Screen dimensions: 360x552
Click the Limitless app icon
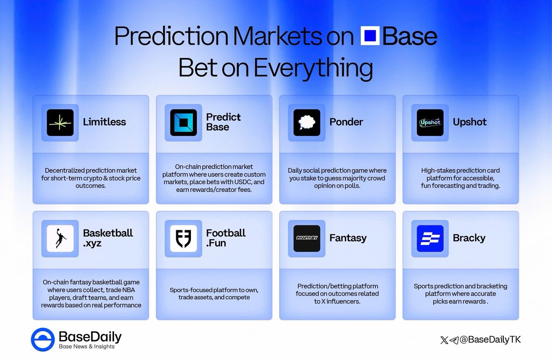tap(60, 122)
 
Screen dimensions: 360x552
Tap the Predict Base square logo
tap(184, 122)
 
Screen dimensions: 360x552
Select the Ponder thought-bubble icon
tap(307, 122)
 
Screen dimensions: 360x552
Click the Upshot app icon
tap(430, 122)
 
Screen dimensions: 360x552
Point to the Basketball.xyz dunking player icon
tap(60, 238)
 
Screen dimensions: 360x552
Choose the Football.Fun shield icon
tap(184, 238)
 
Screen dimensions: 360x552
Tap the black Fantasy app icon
tap(307, 238)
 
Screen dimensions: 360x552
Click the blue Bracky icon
tap(430, 238)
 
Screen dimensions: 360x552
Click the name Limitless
tap(104, 122)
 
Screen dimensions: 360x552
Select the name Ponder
tap(346, 122)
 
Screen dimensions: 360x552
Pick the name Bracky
tap(469, 238)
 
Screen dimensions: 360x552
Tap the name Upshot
tap(469, 122)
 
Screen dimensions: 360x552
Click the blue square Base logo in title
tap(370, 37)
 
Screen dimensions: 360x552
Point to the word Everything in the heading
tap(313, 68)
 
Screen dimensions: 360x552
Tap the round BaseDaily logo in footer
tap(43, 340)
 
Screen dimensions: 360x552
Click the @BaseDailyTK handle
tap(492, 340)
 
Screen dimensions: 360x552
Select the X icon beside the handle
tap(443, 340)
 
